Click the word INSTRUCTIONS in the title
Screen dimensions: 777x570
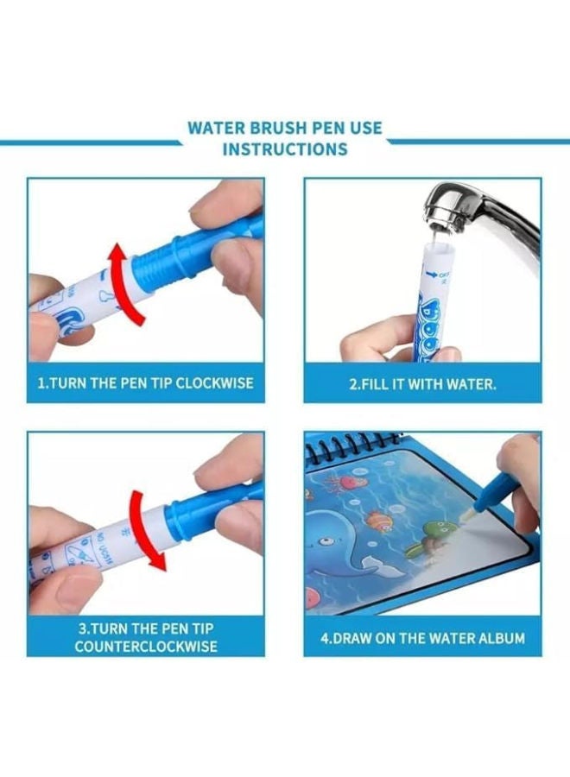click(285, 148)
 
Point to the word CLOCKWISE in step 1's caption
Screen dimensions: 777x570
click(214, 382)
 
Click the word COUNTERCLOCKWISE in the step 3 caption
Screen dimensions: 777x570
click(146, 647)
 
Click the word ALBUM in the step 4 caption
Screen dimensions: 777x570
click(497, 639)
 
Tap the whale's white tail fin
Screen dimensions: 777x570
click(374, 565)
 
